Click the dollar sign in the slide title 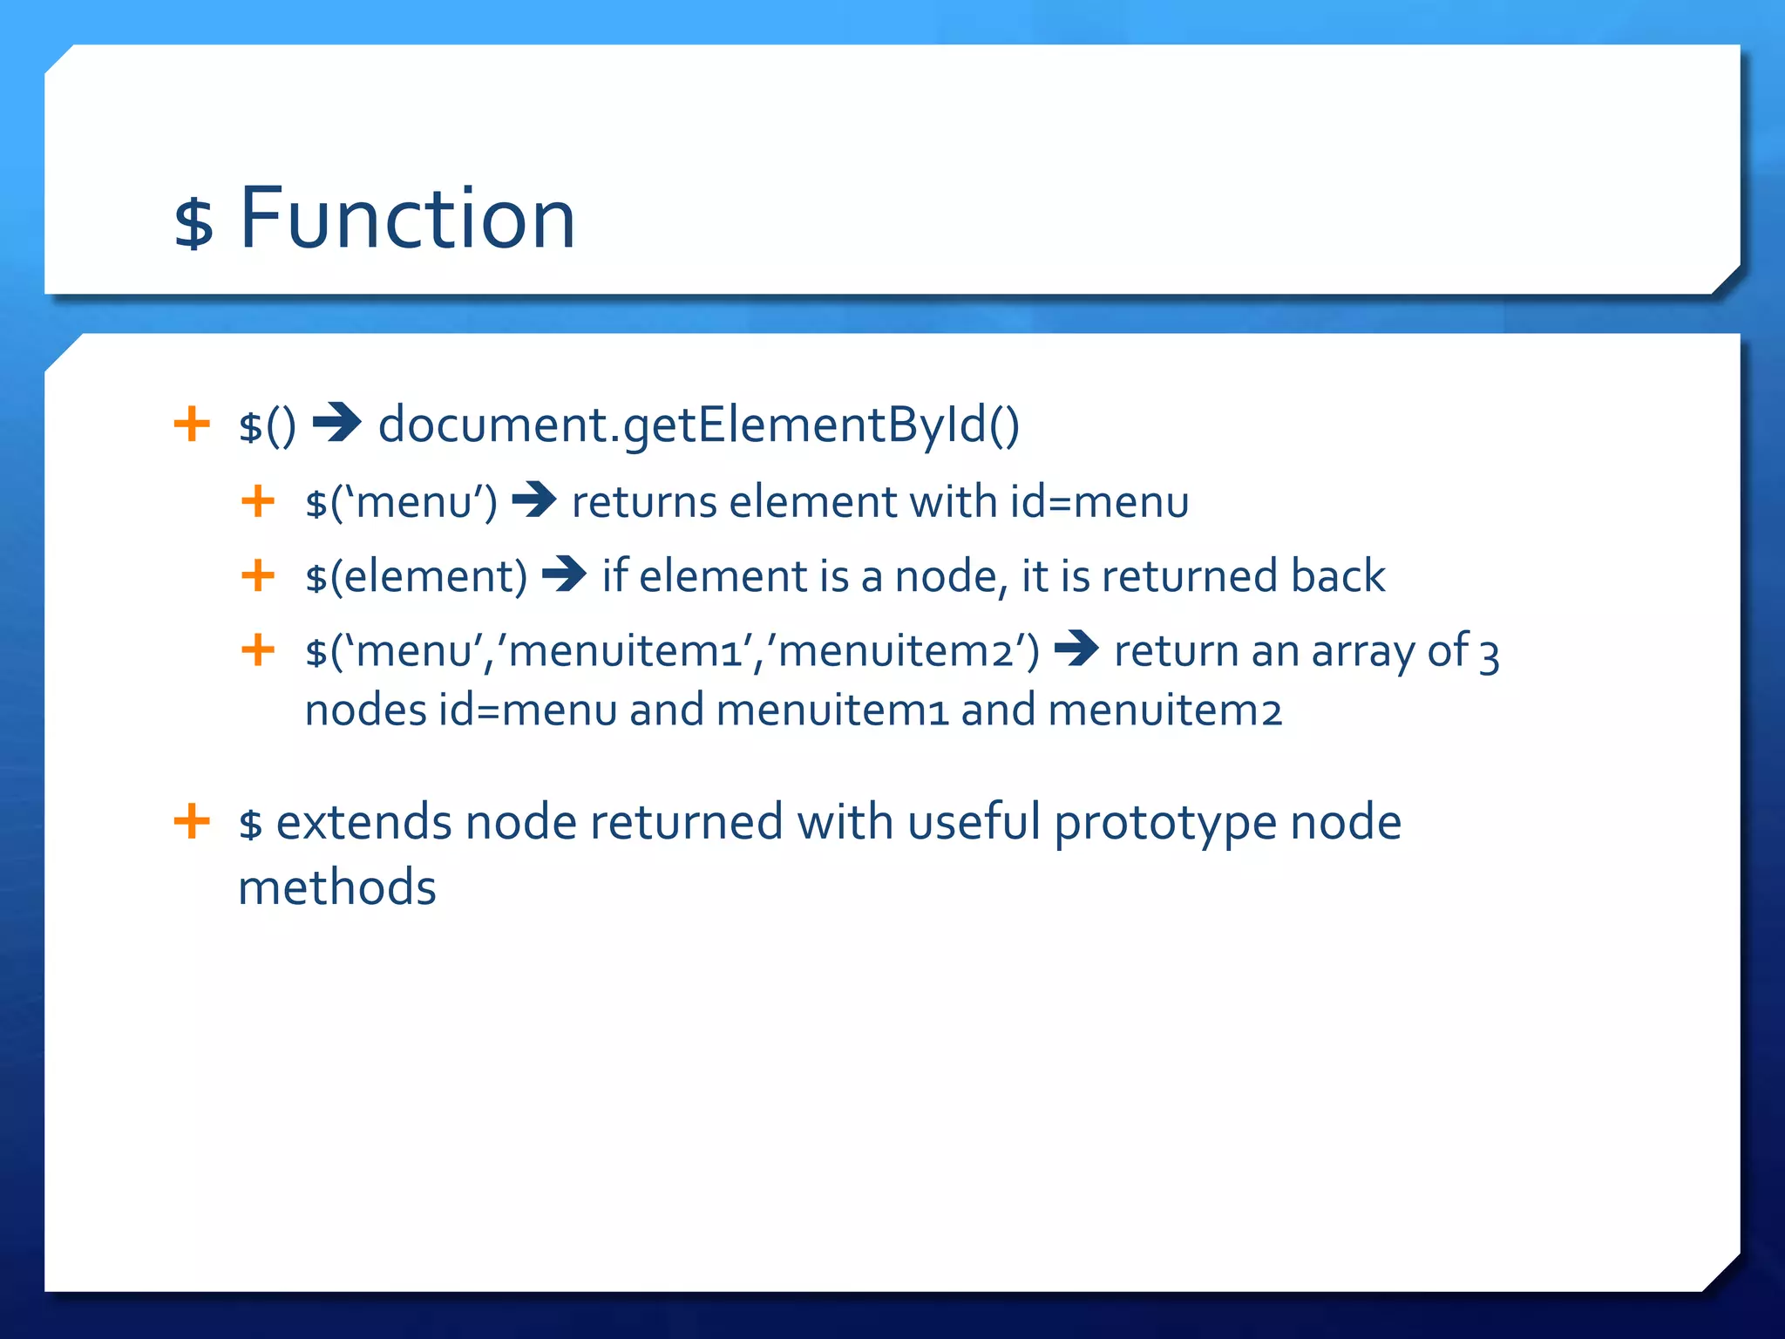[x=193, y=223]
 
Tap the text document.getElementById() [x=698, y=425]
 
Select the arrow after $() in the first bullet [x=336, y=424]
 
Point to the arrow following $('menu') [x=533, y=500]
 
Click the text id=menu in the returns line [x=1099, y=502]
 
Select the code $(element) [x=416, y=576]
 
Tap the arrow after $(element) [x=564, y=574]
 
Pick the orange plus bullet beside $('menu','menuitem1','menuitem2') [x=258, y=649]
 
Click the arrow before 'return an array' [x=1076, y=649]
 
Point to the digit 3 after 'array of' [x=1490, y=656]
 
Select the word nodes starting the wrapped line [x=365, y=710]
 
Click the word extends [x=363, y=822]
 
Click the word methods [x=336, y=887]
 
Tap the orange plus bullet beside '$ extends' [x=192, y=821]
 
